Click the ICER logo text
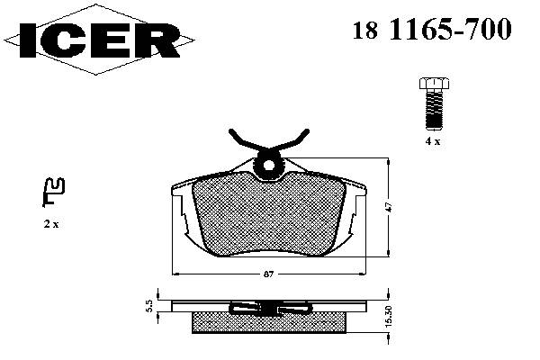point(100,40)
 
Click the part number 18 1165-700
point(432,29)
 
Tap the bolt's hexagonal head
point(434,84)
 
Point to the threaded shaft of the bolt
point(434,109)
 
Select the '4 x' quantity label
point(433,141)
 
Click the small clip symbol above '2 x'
point(53,192)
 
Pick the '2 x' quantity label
point(51,224)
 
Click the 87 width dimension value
point(268,274)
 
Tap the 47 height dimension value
point(389,207)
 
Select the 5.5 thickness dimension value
point(149,306)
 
